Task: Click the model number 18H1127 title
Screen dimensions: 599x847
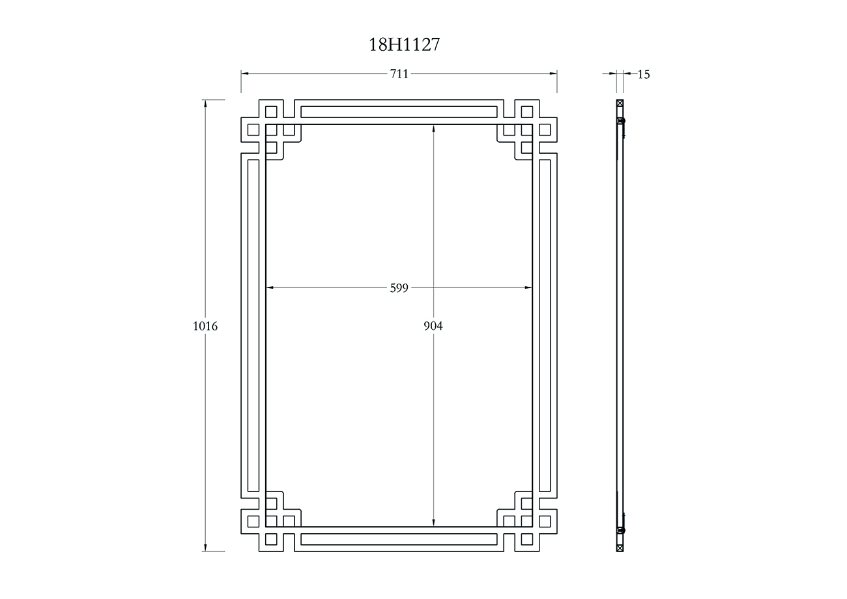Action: (x=405, y=44)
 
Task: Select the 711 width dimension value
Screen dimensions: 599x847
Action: (x=399, y=74)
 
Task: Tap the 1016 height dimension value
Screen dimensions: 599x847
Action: (x=205, y=326)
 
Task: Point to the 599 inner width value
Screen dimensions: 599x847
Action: (x=399, y=287)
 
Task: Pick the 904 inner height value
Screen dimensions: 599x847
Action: (x=433, y=326)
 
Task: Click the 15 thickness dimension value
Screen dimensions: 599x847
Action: (x=644, y=74)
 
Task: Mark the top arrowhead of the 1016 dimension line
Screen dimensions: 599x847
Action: (x=205, y=103)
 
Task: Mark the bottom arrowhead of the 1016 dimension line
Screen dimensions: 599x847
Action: (x=205, y=548)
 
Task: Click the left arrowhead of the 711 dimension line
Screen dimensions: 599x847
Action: (x=245, y=74)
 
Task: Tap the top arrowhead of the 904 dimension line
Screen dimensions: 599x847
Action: (x=434, y=128)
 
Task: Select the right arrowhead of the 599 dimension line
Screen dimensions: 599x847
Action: (x=528, y=287)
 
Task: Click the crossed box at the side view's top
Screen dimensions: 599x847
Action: (x=620, y=103)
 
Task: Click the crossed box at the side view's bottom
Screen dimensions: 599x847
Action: (x=620, y=548)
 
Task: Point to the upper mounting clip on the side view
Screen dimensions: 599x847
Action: (x=622, y=122)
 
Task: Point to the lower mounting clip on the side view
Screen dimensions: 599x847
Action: (x=622, y=530)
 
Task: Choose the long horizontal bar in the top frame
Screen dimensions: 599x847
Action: (x=399, y=111)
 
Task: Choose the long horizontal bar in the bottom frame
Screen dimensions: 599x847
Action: (x=399, y=540)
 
